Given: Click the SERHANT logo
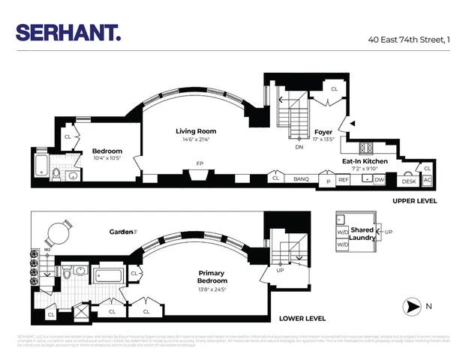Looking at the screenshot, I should pyautogui.click(x=68, y=32).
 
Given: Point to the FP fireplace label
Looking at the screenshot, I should pyautogui.click(x=199, y=163).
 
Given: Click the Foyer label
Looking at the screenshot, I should pyautogui.click(x=323, y=132).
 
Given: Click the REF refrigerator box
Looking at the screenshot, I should pyautogui.click(x=344, y=180).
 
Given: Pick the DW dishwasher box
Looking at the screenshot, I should pyautogui.click(x=380, y=180).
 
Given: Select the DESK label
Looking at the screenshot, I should pyautogui.click(x=408, y=181).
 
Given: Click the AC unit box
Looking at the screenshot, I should pyautogui.click(x=427, y=180).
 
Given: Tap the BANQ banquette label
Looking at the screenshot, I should pyautogui.click(x=301, y=179).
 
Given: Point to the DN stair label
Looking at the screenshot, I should pyautogui.click(x=299, y=148).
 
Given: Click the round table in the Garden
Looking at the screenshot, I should pyautogui.click(x=58, y=232).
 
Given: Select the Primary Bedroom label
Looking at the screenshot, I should pyautogui.click(x=212, y=277).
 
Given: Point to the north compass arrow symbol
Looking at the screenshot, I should pyautogui.click(x=411, y=306).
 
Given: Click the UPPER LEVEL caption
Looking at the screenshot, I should pyautogui.click(x=414, y=202).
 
